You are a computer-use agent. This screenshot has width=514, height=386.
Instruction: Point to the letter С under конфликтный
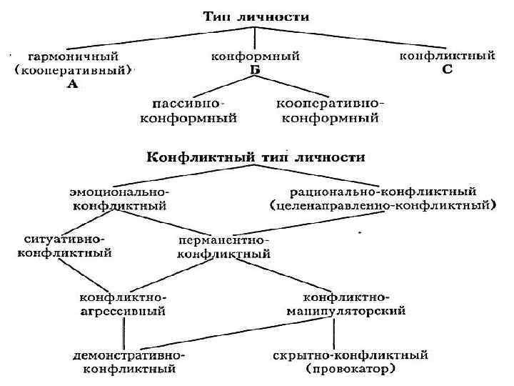click(x=447, y=69)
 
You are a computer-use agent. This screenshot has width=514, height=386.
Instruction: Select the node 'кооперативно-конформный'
click(x=331, y=111)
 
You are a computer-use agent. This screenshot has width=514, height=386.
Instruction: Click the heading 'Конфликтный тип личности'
click(x=256, y=156)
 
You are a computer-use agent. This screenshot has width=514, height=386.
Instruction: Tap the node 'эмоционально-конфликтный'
click(x=119, y=199)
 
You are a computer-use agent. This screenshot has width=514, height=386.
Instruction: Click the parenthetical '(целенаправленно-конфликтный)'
click(x=383, y=205)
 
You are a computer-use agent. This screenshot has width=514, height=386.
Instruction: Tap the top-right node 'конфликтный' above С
click(x=447, y=55)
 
